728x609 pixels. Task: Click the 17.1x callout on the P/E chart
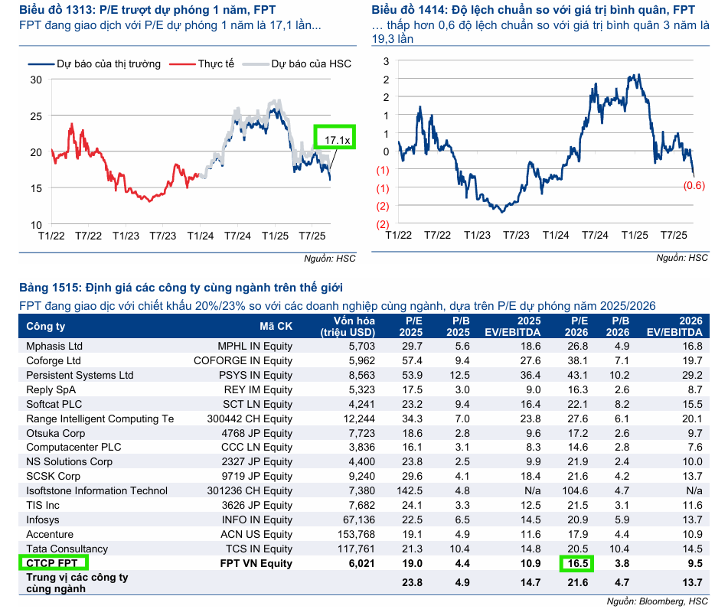[x=336, y=140]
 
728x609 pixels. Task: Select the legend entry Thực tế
[x=215, y=64]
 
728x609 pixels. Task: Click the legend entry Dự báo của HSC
[x=311, y=64]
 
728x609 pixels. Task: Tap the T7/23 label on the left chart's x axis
[x=162, y=236]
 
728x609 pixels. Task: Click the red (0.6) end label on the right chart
[x=694, y=185]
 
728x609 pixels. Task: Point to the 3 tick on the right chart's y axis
[x=387, y=61]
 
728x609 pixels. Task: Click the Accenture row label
[x=50, y=534]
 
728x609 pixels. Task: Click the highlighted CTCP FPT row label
[x=53, y=563]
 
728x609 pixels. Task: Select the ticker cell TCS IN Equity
[x=259, y=549]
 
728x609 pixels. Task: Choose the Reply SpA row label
[x=51, y=389]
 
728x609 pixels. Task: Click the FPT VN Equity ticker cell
[x=256, y=563]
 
